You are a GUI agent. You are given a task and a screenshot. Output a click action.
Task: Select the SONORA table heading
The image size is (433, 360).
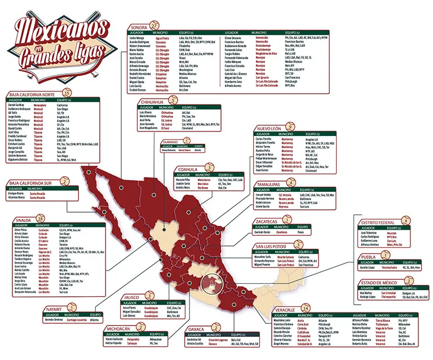139,27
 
